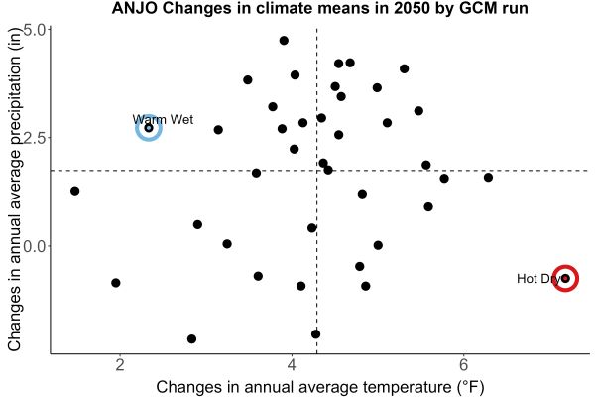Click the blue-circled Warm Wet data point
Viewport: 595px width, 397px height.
(149, 128)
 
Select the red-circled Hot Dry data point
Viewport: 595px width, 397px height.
(565, 279)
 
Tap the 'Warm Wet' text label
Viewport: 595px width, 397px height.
(163, 120)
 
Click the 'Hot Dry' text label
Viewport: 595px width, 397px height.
(538, 279)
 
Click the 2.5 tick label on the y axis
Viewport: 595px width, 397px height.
(35, 138)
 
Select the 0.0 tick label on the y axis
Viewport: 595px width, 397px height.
(35, 246)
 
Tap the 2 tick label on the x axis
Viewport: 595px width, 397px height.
(120, 365)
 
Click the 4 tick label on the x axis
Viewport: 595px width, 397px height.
(292, 365)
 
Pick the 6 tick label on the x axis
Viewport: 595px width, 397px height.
(463, 365)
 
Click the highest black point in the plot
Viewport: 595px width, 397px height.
(284, 41)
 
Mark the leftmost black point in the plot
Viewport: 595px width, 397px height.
(74, 191)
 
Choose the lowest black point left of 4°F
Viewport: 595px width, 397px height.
(191, 338)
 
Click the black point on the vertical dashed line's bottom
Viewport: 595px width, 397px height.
(315, 334)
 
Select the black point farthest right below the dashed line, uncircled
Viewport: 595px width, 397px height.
(488, 178)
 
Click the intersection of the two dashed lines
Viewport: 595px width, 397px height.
(317, 171)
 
